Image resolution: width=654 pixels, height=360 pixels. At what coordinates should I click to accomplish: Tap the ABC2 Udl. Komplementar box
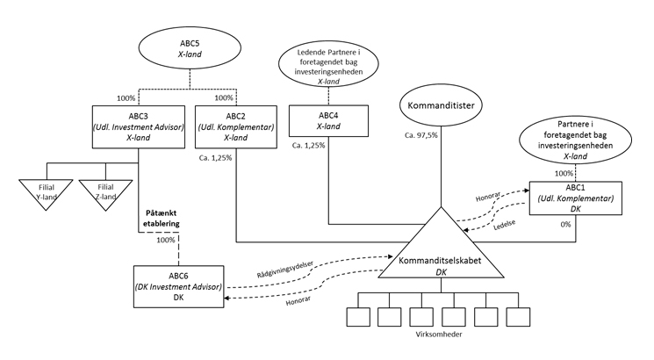pyautogui.click(x=235, y=126)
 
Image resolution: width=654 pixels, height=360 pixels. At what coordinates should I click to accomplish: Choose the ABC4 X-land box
pyautogui.click(x=327, y=122)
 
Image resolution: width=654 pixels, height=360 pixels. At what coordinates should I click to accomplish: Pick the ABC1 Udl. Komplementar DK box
pyautogui.click(x=575, y=200)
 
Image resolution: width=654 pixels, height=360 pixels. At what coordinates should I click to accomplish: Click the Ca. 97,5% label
pyautogui.click(x=420, y=136)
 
